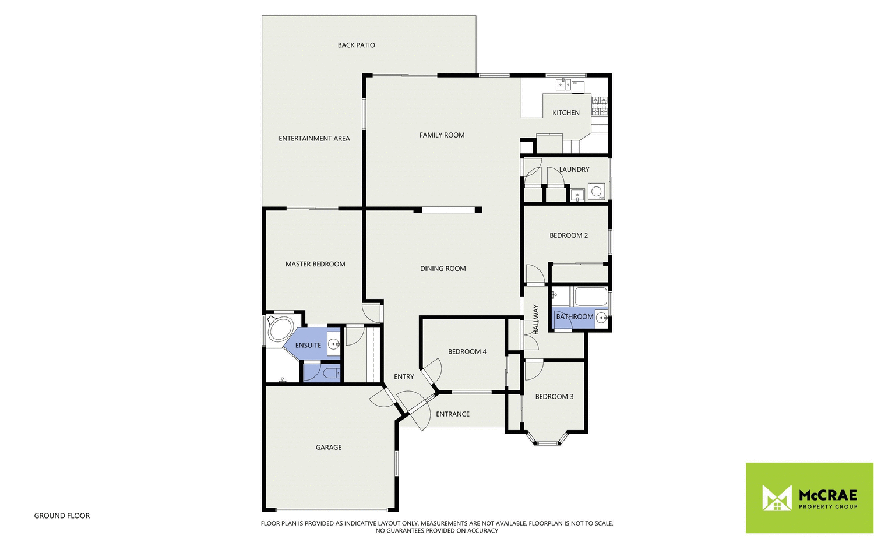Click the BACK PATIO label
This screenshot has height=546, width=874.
(x=356, y=45)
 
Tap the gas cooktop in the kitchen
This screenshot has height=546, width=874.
(x=600, y=105)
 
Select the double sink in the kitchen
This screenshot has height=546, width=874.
(x=563, y=85)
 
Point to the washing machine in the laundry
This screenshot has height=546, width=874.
(x=597, y=192)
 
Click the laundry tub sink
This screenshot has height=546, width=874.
(x=577, y=195)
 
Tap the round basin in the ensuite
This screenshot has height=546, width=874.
(x=334, y=344)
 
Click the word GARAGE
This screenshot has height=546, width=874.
(x=329, y=448)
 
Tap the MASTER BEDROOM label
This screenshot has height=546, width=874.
(x=315, y=264)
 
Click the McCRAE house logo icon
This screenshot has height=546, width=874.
(x=777, y=498)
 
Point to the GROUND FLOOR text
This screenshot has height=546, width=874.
(x=62, y=516)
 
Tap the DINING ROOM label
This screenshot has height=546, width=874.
(x=443, y=269)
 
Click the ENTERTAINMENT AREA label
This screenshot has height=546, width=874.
(x=314, y=138)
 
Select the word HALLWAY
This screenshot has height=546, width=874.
(x=536, y=319)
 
